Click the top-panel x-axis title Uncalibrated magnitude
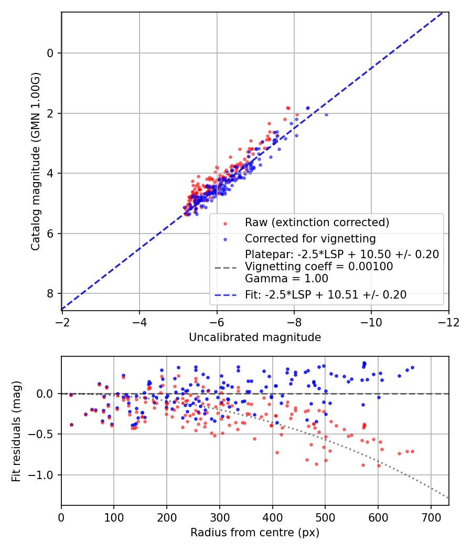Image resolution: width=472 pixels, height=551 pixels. point(255,337)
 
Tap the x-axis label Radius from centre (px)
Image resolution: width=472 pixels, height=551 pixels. point(255,533)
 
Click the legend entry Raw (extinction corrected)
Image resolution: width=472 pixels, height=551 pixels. point(317,222)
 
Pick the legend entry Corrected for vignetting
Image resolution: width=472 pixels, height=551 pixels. point(310,239)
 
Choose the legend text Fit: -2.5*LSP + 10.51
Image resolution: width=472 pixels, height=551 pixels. point(325,295)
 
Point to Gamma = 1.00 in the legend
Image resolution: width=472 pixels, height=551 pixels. point(286,279)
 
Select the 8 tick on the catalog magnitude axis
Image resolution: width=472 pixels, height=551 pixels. point(51,293)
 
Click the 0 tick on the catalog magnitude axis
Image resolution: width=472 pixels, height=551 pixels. point(51,53)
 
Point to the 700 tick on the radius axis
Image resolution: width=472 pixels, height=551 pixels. point(431,517)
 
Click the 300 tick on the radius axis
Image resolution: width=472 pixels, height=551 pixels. point(220,517)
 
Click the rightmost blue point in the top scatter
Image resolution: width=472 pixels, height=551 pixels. point(326,114)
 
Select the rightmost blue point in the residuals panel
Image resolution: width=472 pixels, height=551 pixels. point(412,367)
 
